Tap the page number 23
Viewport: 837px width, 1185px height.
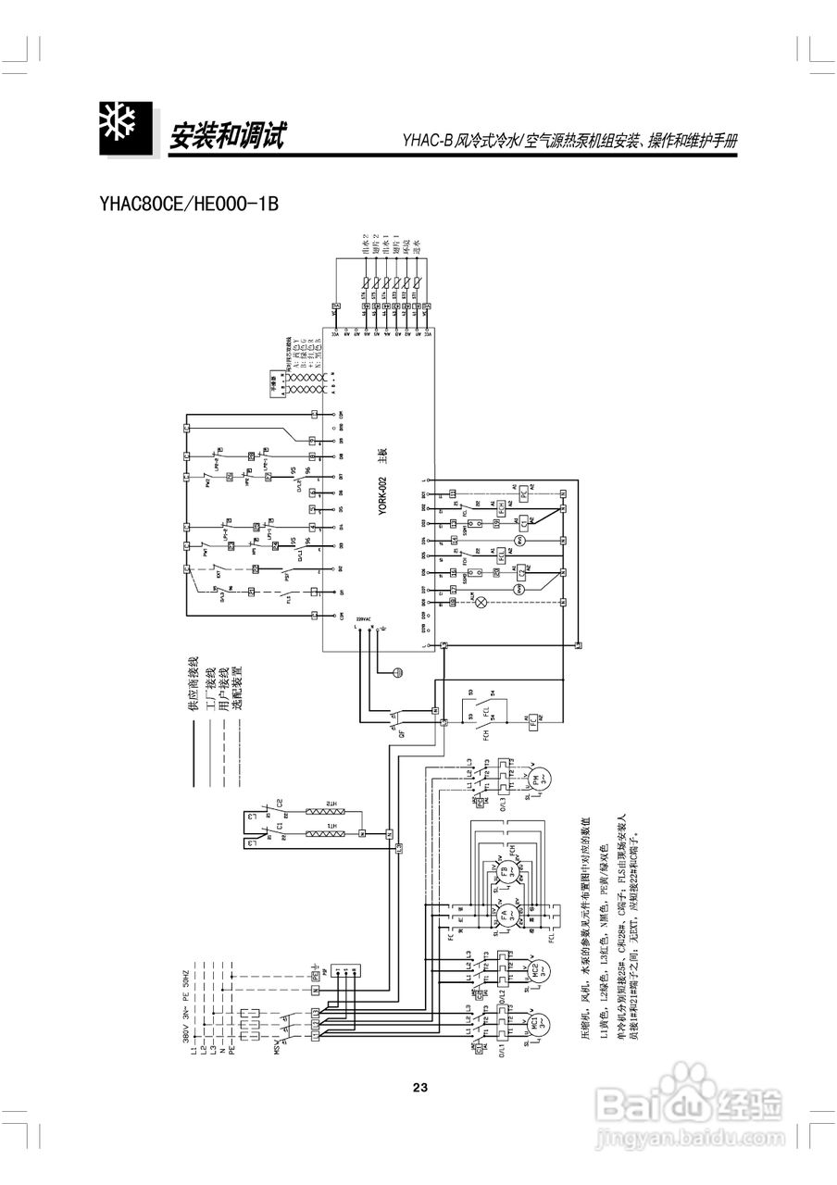tap(419, 1087)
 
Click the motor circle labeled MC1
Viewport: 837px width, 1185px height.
tap(534, 1026)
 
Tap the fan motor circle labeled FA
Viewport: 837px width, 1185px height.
tap(507, 916)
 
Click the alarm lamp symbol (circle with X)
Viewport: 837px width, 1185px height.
tap(481, 601)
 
